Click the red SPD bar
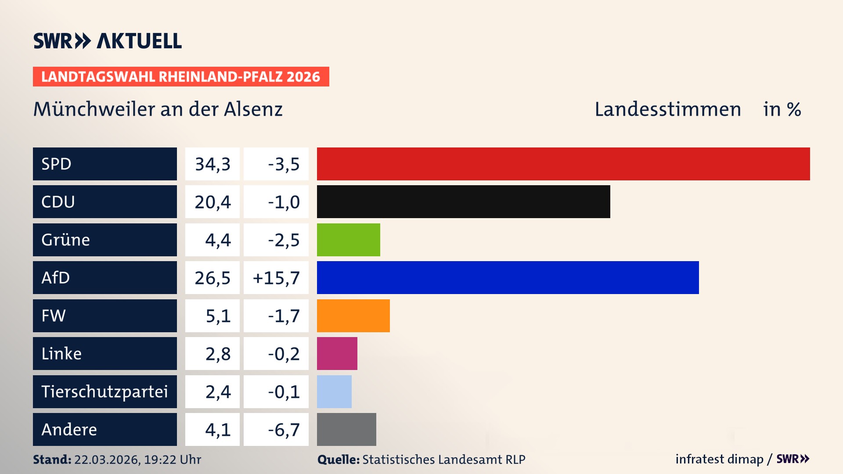pyautogui.click(x=563, y=164)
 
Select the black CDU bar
pyautogui.click(x=463, y=201)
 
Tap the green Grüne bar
pyautogui.click(x=348, y=240)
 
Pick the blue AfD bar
pyautogui.click(x=508, y=277)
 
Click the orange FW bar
pyautogui.click(x=353, y=316)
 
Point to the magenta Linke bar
pyautogui.click(x=337, y=353)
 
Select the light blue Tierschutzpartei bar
pyautogui.click(x=334, y=391)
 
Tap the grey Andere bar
pyautogui.click(x=346, y=429)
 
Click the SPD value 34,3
pyautogui.click(x=213, y=164)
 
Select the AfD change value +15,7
pyautogui.click(x=276, y=278)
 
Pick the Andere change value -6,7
pyautogui.click(x=284, y=430)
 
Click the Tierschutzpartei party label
pyautogui.click(x=104, y=391)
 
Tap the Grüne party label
pyautogui.click(x=66, y=240)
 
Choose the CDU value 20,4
pyautogui.click(x=213, y=202)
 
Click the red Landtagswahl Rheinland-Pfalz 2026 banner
pyautogui.click(x=180, y=76)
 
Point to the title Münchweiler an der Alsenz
pyautogui.click(x=158, y=109)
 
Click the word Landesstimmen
pyautogui.click(x=667, y=109)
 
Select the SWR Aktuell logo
pyautogui.click(x=107, y=41)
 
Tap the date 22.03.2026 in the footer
pyautogui.click(x=107, y=460)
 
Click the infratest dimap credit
pyautogui.click(x=719, y=459)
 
